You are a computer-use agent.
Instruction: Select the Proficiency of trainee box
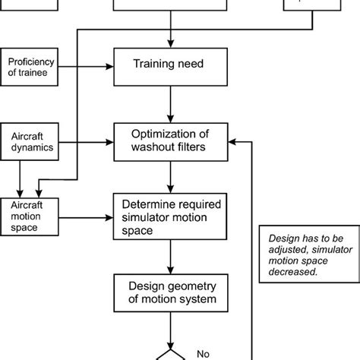pos(29,66)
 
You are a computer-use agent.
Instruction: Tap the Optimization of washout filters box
pos(171,141)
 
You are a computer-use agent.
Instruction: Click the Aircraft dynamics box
pos(29,141)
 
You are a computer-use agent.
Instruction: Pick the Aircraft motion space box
pos(29,216)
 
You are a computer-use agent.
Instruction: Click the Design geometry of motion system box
pos(171,292)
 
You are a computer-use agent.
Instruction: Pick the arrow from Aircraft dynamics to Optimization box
pos(85,141)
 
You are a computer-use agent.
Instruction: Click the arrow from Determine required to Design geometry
pos(171,256)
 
